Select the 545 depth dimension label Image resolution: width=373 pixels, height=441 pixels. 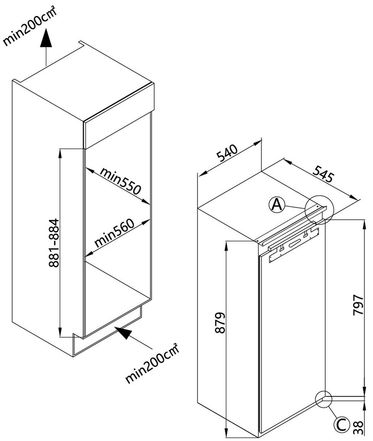(x=323, y=174)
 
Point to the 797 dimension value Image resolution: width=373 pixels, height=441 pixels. (x=358, y=305)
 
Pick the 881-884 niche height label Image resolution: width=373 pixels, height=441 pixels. (x=54, y=243)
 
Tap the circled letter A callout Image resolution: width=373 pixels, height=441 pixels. (x=277, y=205)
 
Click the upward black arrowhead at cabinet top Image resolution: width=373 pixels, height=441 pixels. (x=46, y=38)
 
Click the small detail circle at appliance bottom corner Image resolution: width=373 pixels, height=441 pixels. (x=324, y=399)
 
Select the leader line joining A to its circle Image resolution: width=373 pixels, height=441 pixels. (x=295, y=207)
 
